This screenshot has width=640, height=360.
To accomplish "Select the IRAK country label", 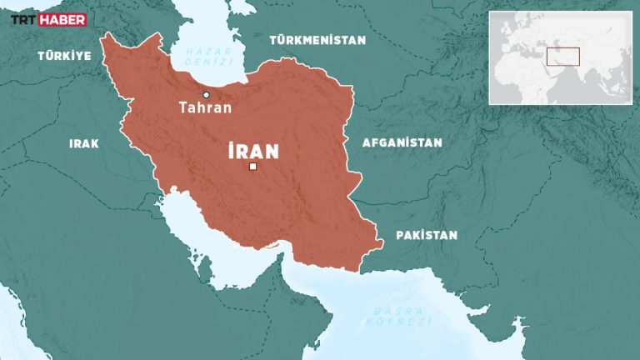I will tap(83, 143).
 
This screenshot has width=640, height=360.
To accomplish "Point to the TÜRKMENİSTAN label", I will tap(317, 39).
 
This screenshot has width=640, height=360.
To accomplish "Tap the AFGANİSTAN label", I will tap(402, 142).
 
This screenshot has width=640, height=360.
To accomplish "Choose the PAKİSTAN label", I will tap(426, 235).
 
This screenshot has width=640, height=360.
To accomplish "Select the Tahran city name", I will tap(205, 107).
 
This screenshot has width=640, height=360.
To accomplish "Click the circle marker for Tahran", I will tap(206, 95).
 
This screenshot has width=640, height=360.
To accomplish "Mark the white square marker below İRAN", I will tap(252, 169).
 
